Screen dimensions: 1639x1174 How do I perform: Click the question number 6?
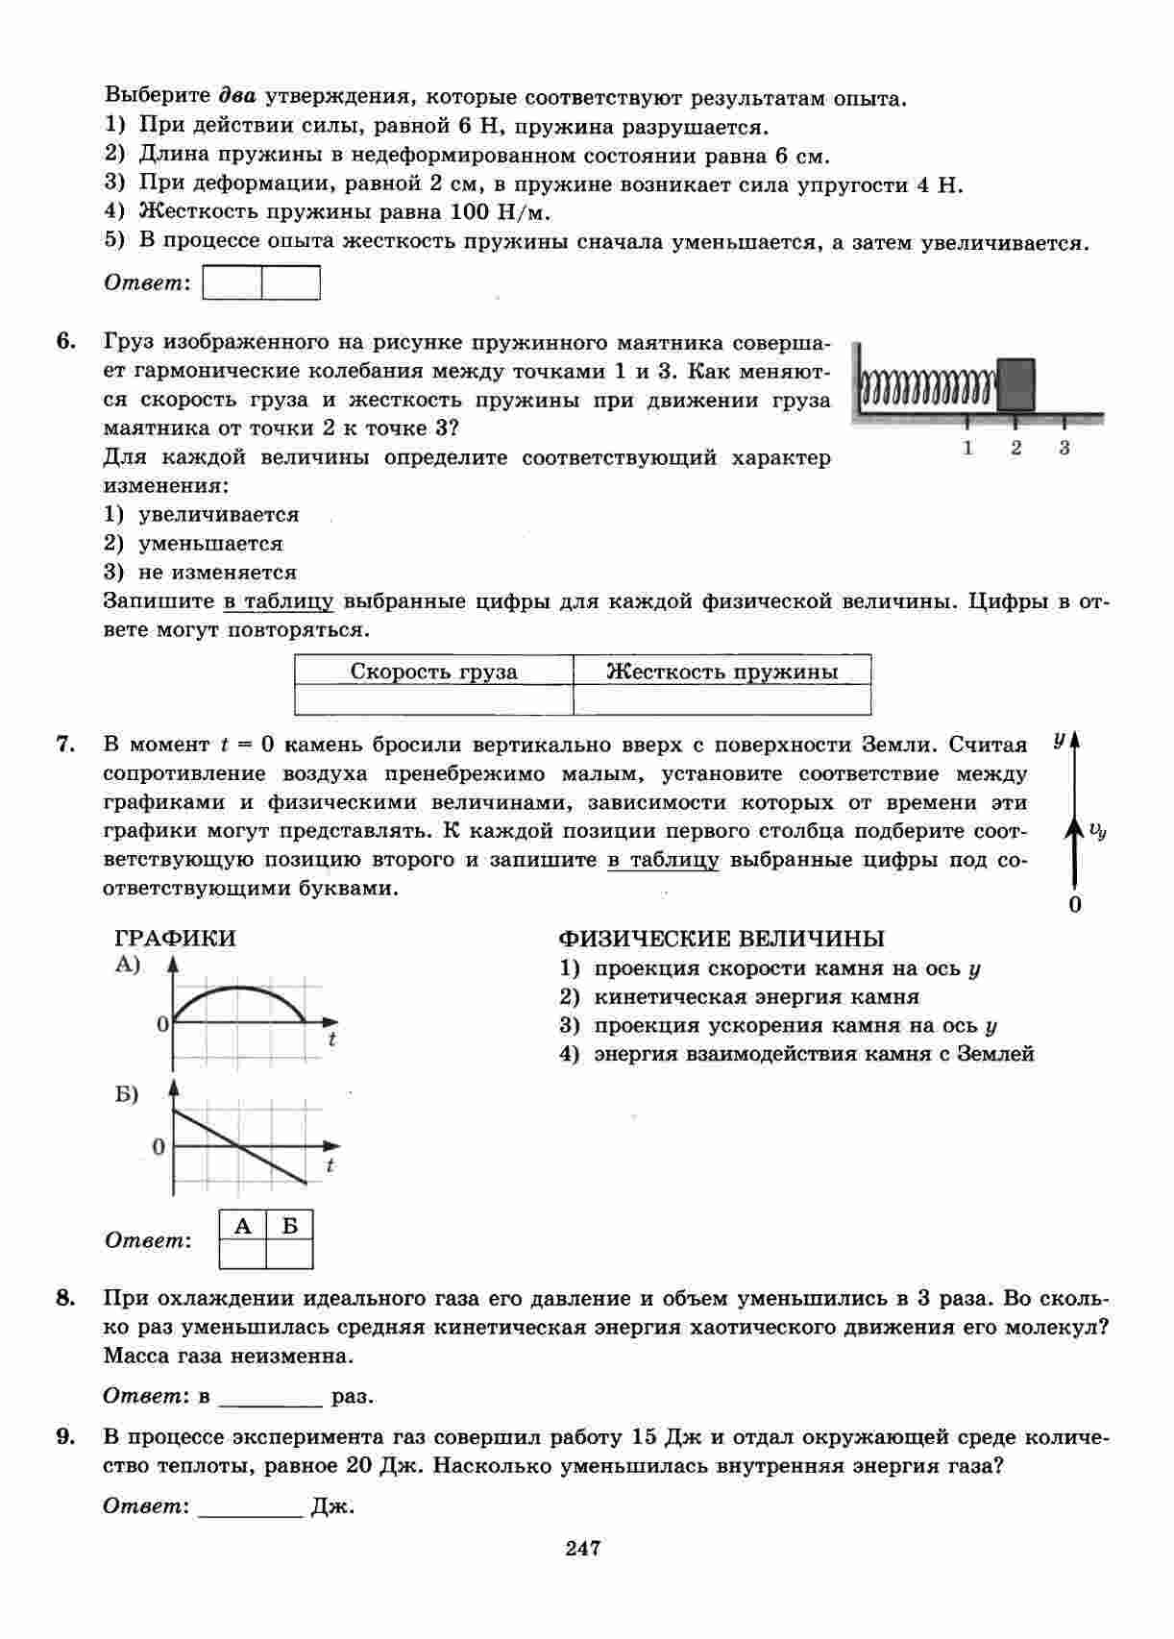coord(65,342)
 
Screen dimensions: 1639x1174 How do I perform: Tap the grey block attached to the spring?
coord(1015,384)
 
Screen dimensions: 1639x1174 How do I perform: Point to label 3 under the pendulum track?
coord(1064,447)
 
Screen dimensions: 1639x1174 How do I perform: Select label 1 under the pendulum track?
coord(967,447)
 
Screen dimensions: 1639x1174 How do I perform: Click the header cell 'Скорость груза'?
coord(433,672)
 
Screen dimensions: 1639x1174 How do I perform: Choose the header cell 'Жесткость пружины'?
coord(722,672)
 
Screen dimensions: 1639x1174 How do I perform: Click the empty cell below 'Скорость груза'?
coord(433,700)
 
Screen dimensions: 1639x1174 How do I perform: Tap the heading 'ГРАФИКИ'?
coord(175,939)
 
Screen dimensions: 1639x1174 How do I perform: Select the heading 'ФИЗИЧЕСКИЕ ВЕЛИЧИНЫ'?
coord(722,939)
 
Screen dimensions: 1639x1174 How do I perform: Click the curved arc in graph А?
coord(240,989)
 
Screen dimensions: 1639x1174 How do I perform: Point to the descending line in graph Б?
coord(240,1145)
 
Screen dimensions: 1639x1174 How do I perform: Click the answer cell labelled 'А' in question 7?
coord(243,1253)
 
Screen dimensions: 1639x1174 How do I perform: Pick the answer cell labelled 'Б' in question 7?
coord(289,1253)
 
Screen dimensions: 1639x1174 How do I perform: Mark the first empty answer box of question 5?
coord(233,283)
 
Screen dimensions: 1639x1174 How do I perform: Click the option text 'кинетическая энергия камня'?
coord(756,997)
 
